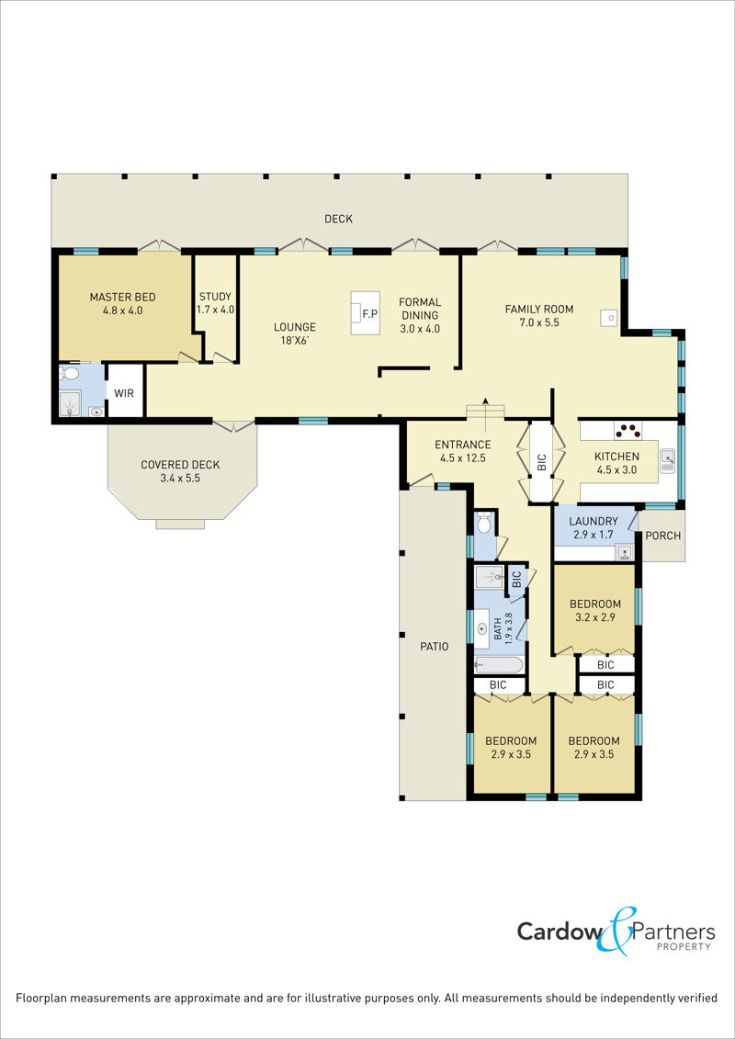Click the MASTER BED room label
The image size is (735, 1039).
point(122,297)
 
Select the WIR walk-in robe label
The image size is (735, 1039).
point(124,393)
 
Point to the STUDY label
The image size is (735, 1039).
point(215,297)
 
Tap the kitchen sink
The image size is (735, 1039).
point(668,459)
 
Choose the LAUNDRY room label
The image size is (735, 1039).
point(594,521)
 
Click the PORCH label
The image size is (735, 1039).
point(662,536)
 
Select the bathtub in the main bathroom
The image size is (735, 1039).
point(499,664)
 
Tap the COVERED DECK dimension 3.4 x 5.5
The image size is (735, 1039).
point(180,478)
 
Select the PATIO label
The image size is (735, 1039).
point(434,646)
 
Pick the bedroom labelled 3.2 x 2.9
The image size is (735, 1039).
point(595,610)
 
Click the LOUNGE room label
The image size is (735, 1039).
point(295,327)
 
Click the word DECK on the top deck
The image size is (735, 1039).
point(339,219)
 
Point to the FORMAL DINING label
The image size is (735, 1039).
point(420,309)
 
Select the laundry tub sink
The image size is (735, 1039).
point(624,551)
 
